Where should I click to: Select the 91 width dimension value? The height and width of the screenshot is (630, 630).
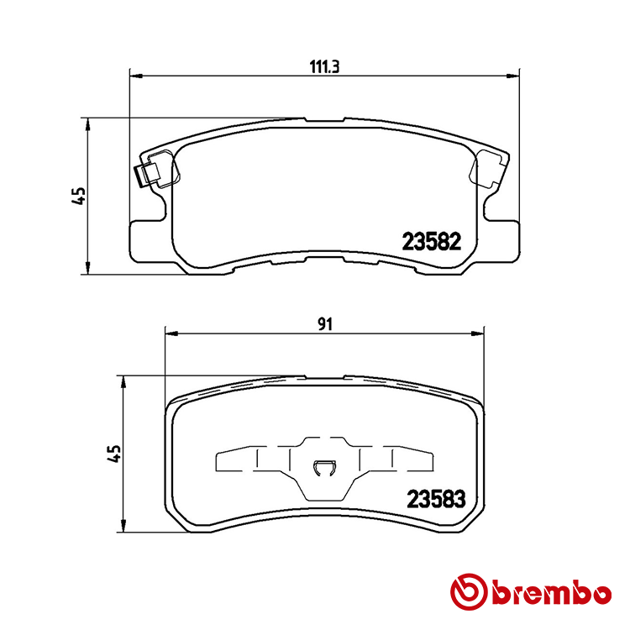(327, 323)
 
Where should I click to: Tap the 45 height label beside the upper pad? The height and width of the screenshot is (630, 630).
(79, 196)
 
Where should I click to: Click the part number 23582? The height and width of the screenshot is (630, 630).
(432, 242)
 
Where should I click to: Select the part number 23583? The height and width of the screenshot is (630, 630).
(435, 498)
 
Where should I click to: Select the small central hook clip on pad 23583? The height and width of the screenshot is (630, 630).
(323, 470)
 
